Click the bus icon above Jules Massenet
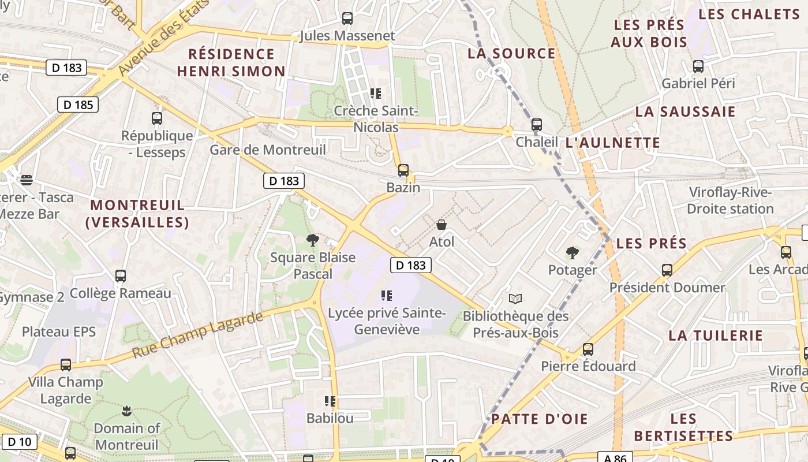tap(347, 18)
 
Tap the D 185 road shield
tap(78, 105)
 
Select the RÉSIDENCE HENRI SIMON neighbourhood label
tap(231, 63)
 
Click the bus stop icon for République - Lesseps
tap(156, 118)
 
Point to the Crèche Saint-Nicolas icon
tap(376, 94)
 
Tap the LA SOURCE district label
tap(511, 54)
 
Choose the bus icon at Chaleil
tap(537, 124)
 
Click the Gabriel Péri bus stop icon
tap(698, 66)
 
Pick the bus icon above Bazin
tap(403, 170)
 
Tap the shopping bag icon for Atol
tap(442, 225)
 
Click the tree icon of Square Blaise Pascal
tap(312, 240)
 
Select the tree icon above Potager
tap(573, 252)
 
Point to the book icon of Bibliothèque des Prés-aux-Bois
tap(515, 299)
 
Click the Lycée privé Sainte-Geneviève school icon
tap(387, 296)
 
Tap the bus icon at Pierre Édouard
tap(588, 349)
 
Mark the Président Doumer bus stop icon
tap(667, 270)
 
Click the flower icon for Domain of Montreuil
tap(127, 411)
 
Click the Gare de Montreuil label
tap(268, 150)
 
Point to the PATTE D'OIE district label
tap(539, 419)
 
